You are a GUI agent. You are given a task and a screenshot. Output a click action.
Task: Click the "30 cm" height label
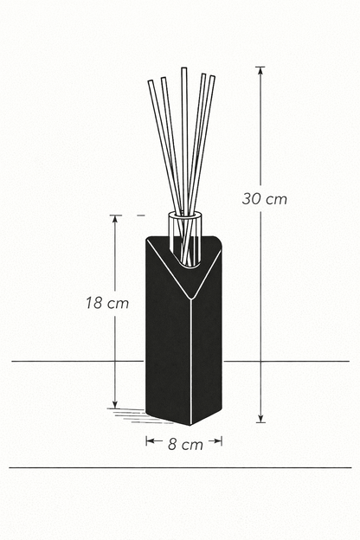click(x=265, y=198)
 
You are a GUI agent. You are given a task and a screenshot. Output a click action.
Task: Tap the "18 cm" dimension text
click(x=107, y=303)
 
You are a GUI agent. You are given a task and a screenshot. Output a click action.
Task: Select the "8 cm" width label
click(x=184, y=444)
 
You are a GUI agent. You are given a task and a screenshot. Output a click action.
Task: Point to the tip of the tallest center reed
click(x=183, y=69)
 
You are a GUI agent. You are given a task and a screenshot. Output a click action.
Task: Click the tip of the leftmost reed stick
click(x=151, y=82)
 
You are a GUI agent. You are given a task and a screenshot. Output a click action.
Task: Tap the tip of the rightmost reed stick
click(x=212, y=78)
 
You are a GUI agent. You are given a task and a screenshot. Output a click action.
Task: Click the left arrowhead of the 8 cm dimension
click(x=149, y=441)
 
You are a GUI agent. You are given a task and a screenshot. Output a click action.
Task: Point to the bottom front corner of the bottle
click(x=190, y=424)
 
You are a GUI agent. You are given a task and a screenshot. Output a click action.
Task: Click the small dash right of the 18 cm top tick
click(x=141, y=214)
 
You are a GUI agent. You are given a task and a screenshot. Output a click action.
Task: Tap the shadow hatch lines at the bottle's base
click(x=130, y=414)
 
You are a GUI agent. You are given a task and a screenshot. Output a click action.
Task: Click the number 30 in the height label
click(x=252, y=198)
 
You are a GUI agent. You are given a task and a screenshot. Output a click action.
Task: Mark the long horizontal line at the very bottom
click(x=180, y=467)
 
